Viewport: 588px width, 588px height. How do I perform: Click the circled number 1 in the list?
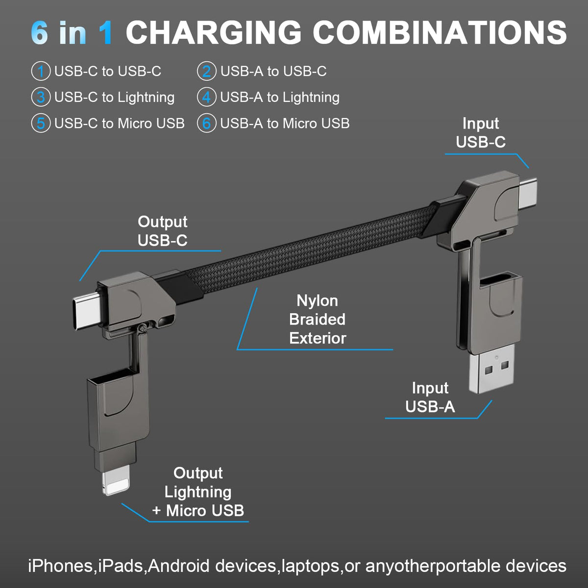41,72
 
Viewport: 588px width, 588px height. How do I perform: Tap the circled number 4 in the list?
206,98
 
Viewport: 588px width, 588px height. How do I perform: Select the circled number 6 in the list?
206,123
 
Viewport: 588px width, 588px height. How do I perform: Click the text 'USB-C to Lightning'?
114,98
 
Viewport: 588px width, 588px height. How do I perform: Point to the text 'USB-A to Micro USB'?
285,123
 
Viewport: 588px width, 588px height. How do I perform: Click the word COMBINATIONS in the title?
440,33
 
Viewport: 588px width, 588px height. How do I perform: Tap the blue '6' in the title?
40,33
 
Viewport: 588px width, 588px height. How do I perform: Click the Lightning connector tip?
116,482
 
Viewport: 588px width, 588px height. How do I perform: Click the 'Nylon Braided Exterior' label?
317,319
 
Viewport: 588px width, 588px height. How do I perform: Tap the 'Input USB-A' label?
430,397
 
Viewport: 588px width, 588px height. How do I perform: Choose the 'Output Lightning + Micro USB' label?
198,492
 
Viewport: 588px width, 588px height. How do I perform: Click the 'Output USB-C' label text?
162,231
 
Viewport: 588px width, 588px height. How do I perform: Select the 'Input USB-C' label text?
480,133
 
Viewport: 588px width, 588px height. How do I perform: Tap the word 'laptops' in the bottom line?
310,566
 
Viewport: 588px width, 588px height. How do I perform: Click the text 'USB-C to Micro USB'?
119,123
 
